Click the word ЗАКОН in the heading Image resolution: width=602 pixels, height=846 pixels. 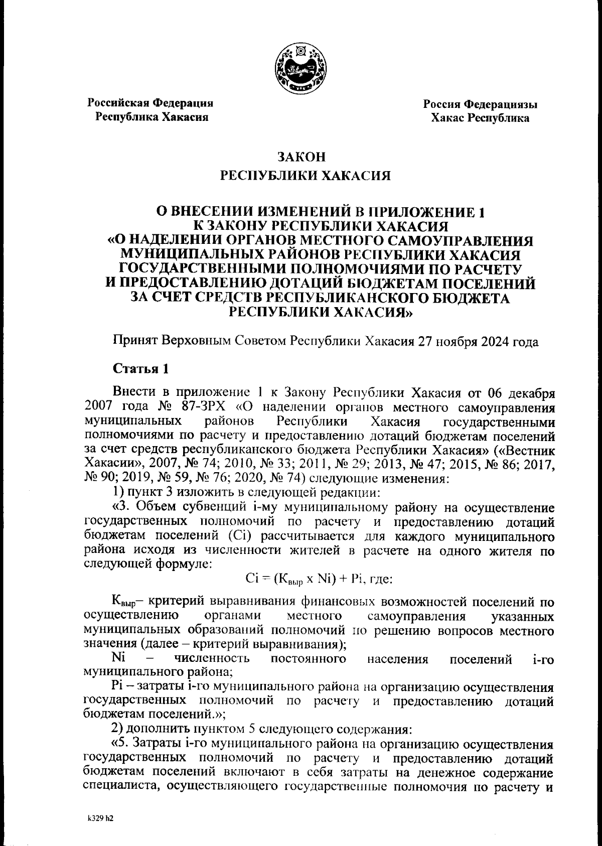pyautogui.click(x=301, y=157)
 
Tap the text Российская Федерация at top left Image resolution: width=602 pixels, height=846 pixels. pyautogui.click(x=151, y=103)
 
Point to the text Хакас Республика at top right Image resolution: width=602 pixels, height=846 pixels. pyautogui.click(x=480, y=118)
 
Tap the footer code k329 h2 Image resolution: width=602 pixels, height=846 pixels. pyautogui.click(x=100, y=818)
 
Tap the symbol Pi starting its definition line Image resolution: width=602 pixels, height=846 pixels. pyautogui.click(x=116, y=686)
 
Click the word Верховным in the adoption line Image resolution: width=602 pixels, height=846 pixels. pyautogui.click(x=195, y=342)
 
